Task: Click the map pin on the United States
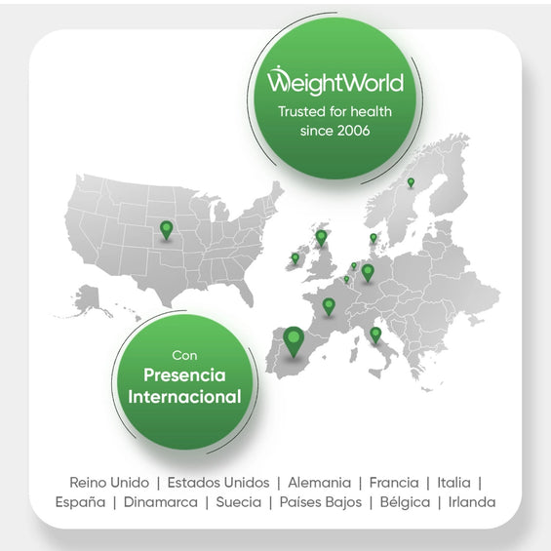tap(166, 229)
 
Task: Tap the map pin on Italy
tap(375, 334)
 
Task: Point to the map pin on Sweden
tap(411, 181)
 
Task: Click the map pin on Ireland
tap(295, 257)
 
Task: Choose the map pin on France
tap(329, 305)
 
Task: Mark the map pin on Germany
tap(368, 271)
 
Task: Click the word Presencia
tap(184, 374)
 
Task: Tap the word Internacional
tap(184, 397)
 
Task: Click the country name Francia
tap(395, 482)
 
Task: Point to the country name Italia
tap(453, 482)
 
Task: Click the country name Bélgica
tap(404, 502)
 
